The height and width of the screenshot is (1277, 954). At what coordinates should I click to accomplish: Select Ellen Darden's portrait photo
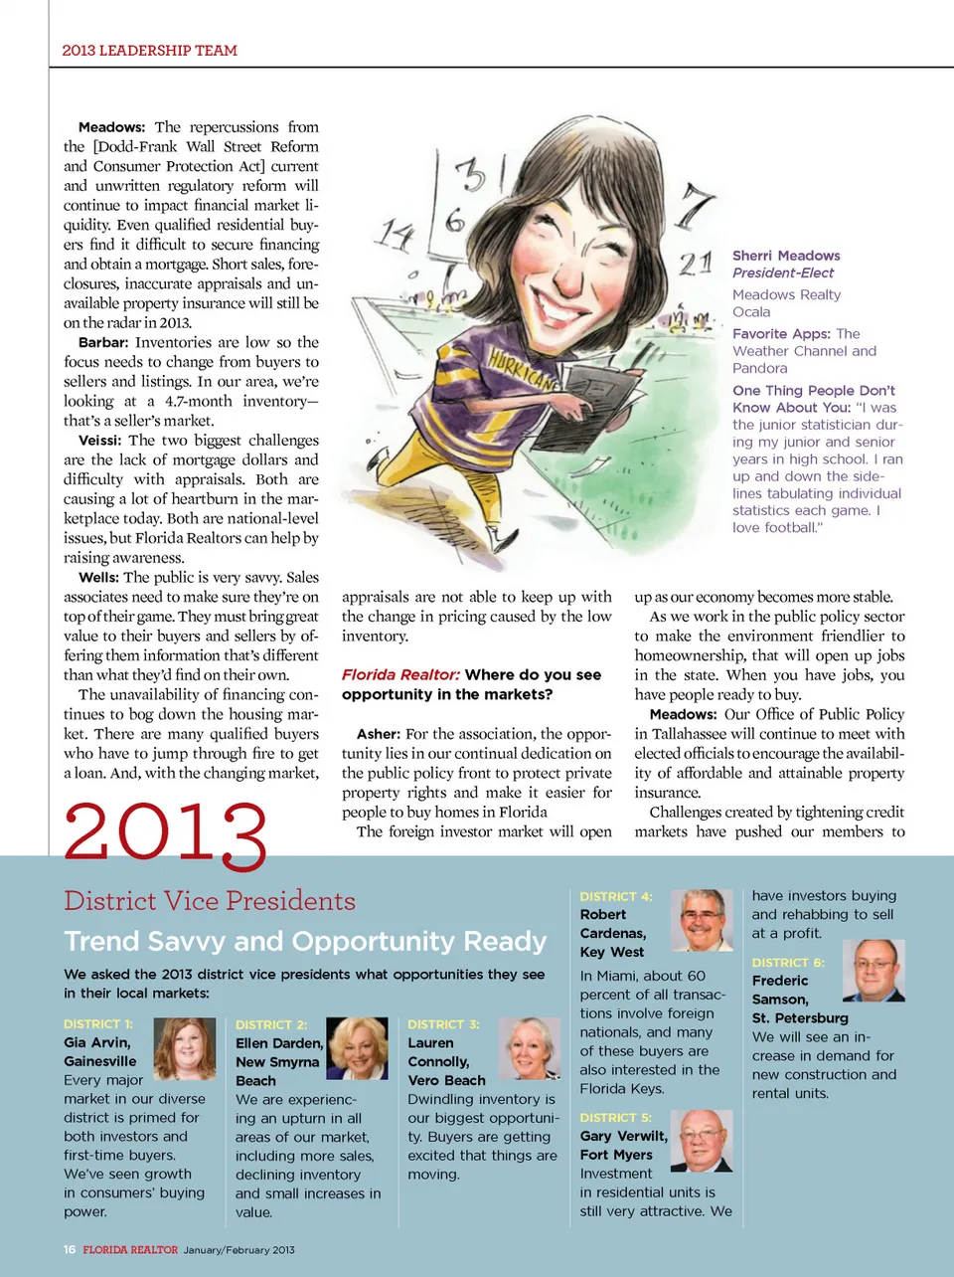(x=357, y=1048)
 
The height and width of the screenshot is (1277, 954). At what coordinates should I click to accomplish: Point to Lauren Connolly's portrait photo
(x=529, y=1048)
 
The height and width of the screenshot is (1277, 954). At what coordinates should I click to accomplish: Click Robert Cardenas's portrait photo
(x=702, y=920)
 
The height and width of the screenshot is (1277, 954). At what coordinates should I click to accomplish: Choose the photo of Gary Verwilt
(x=702, y=1141)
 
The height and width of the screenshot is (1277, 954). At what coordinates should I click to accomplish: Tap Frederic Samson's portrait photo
(x=874, y=970)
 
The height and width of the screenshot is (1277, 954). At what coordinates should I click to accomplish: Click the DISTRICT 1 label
(x=98, y=1023)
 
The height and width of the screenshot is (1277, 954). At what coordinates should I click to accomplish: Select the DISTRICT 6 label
(x=788, y=963)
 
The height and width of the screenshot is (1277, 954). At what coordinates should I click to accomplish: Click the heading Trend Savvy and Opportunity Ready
(x=305, y=941)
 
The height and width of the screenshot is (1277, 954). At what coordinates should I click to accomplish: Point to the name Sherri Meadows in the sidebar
(x=786, y=256)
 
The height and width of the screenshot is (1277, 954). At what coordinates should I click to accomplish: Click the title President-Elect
(x=783, y=273)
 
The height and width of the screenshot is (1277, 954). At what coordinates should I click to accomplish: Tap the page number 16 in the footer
(x=70, y=1249)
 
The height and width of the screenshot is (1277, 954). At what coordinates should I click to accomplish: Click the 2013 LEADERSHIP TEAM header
(x=149, y=50)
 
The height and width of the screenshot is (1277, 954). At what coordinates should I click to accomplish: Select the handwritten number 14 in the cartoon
(x=395, y=235)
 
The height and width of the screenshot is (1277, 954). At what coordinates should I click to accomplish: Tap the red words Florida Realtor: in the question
(x=400, y=674)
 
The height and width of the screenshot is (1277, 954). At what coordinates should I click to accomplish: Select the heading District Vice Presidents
(x=210, y=900)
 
